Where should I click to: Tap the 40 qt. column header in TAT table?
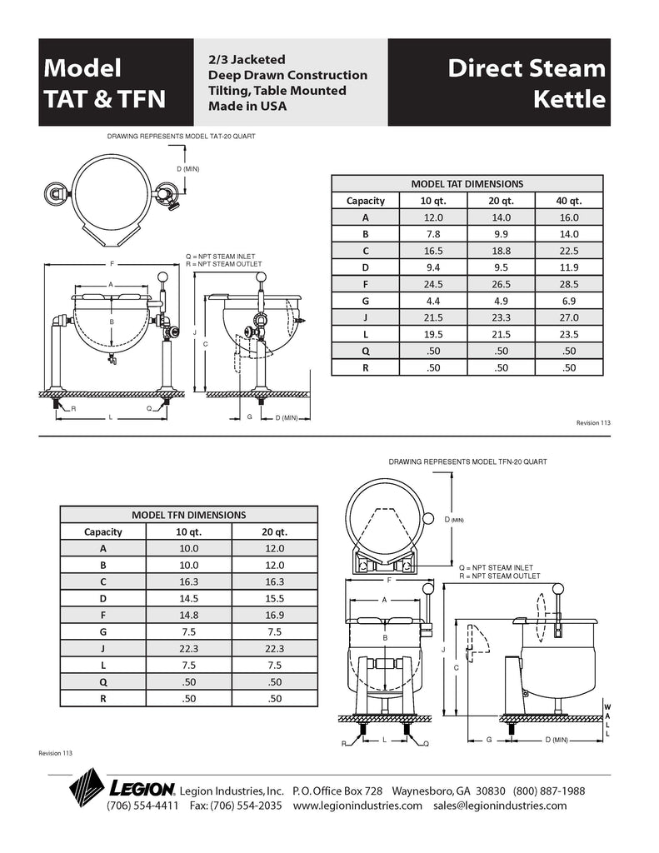pos(569,201)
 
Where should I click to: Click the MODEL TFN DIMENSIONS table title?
pos(188,515)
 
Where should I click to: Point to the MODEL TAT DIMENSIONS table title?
pos(467,184)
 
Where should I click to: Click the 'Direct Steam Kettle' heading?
pos(527,83)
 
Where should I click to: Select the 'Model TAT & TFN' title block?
pos(105,83)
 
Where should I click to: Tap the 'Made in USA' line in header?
pos(247,107)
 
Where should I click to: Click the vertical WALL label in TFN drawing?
pos(607,720)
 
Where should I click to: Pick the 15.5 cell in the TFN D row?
pos(274,599)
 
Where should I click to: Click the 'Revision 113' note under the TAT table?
pos(593,423)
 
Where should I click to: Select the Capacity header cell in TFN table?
pos(103,531)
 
